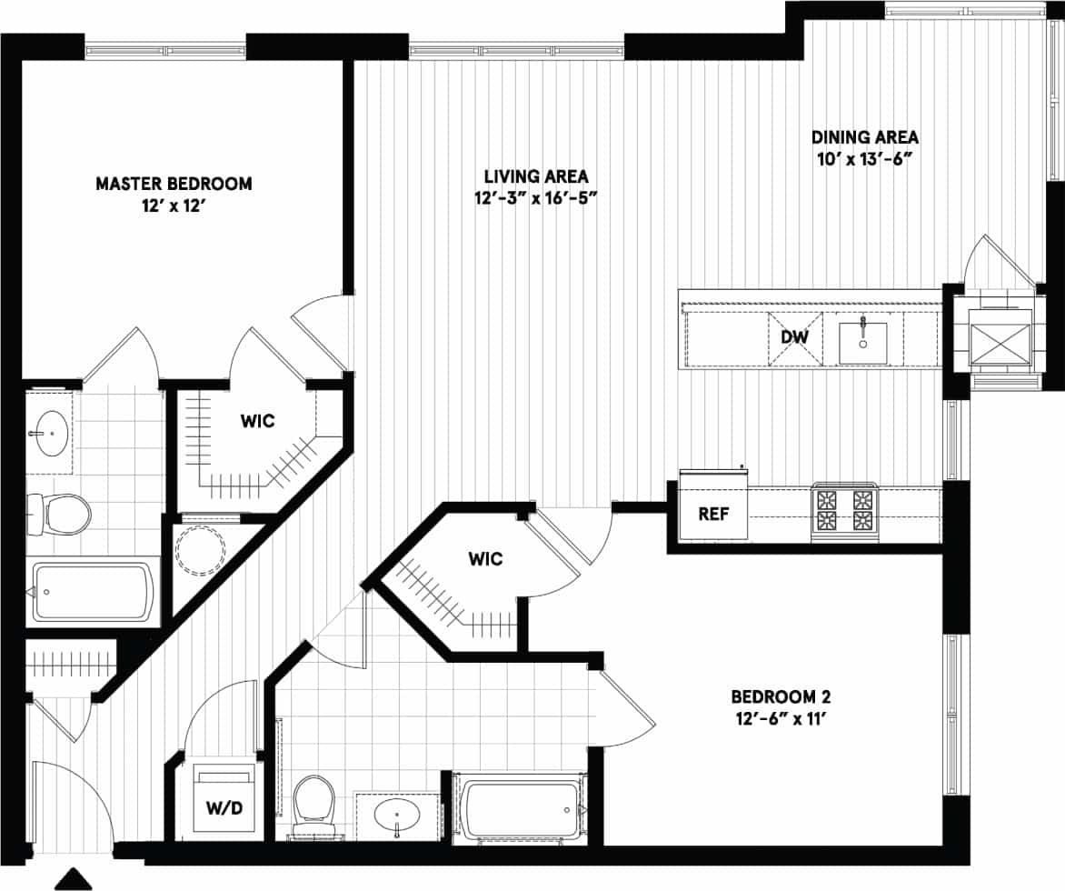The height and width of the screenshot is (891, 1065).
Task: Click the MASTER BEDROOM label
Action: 174,185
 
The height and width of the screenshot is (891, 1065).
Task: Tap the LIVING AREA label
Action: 535,175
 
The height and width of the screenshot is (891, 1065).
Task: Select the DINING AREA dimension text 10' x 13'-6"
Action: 864,158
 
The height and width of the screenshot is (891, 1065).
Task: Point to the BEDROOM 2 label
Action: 781,697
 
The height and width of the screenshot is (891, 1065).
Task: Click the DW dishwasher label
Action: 794,337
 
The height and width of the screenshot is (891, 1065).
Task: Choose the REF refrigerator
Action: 713,513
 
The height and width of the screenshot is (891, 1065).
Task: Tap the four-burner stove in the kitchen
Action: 845,511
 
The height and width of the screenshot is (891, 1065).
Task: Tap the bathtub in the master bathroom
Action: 94,592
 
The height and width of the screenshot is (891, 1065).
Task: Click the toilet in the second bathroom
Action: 315,802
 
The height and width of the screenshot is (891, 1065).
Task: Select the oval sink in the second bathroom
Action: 398,815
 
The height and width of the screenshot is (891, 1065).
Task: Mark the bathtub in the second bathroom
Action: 519,808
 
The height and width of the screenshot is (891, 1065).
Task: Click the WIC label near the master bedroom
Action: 257,421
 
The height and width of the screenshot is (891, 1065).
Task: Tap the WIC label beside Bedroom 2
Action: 485,559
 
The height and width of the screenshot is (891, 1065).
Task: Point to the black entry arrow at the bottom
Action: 75,878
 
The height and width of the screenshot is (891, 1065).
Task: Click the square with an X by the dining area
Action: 1000,335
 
